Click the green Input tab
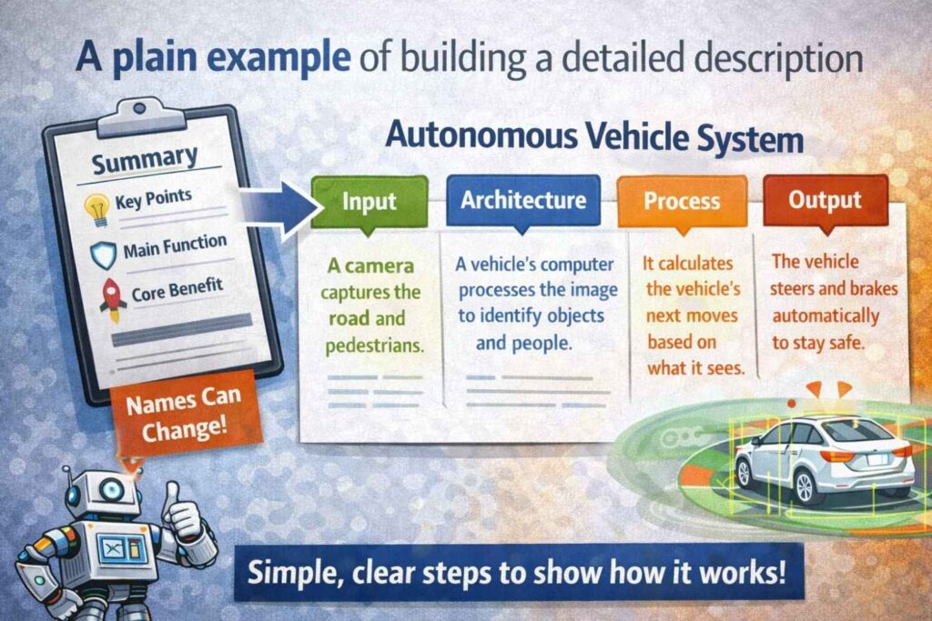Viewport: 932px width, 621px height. (x=369, y=201)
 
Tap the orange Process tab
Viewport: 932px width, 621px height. (x=682, y=201)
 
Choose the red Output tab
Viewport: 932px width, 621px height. (x=824, y=200)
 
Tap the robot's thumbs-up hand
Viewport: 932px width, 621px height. (x=185, y=517)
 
